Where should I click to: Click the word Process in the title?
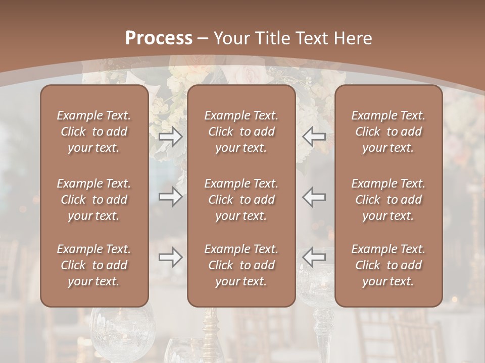(159, 38)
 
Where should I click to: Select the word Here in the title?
(353, 38)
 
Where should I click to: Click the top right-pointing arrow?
(171, 137)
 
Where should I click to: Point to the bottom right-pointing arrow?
(171, 257)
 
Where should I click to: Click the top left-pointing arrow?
(314, 137)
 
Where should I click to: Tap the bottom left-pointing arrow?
(314, 257)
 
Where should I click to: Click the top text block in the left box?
(94, 132)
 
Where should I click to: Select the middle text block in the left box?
(94, 200)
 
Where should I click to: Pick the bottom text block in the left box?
(94, 265)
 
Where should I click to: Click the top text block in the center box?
(241, 132)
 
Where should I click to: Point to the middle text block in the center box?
(241, 200)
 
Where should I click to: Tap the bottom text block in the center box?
(241, 265)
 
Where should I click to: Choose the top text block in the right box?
(389, 132)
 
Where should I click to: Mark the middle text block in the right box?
(389, 200)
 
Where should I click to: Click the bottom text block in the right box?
(389, 265)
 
